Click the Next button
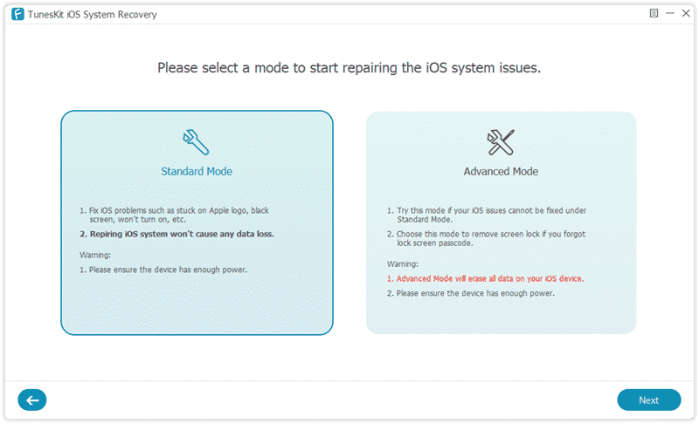click(x=648, y=400)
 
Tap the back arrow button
click(x=32, y=400)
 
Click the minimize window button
click(x=669, y=14)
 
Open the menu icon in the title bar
click(x=653, y=14)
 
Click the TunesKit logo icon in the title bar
click(x=17, y=14)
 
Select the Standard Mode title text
click(x=197, y=171)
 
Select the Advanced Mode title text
click(x=501, y=171)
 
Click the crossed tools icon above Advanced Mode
click(x=501, y=140)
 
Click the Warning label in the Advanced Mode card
click(x=402, y=263)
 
